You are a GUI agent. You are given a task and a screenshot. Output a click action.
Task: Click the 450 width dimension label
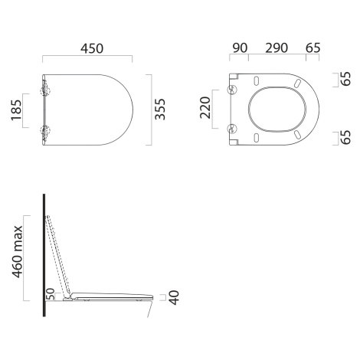(x=92, y=48)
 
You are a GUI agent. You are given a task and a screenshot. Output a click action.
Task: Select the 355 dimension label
(x=160, y=109)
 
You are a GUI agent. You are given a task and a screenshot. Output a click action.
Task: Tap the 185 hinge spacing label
(x=16, y=110)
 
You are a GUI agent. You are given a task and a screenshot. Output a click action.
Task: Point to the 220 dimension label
(x=205, y=108)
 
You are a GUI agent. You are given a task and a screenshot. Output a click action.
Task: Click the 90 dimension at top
(x=240, y=48)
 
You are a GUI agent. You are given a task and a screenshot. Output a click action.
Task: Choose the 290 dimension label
(x=277, y=48)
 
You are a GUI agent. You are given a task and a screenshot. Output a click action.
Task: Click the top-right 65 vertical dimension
(x=346, y=79)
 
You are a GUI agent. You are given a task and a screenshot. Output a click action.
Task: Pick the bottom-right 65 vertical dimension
(x=346, y=137)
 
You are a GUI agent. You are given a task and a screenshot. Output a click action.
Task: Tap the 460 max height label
(x=18, y=252)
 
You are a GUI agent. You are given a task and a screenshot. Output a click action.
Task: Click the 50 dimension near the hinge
(x=51, y=294)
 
